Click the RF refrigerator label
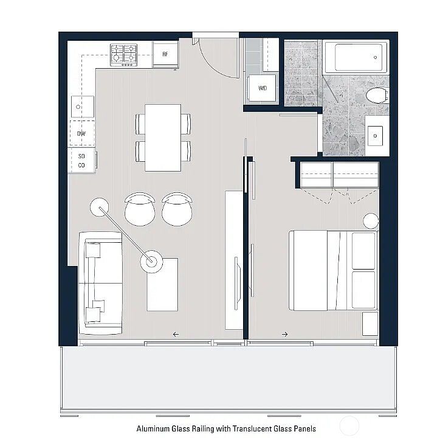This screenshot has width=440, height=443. [x=165, y=54]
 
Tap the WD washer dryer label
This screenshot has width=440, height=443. [x=263, y=88]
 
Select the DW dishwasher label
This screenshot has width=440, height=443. [x=81, y=134]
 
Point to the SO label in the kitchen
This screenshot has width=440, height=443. [x=81, y=156]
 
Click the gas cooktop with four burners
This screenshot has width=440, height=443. [x=123, y=55]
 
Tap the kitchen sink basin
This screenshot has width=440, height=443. [x=83, y=107]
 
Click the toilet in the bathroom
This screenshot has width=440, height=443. [x=377, y=96]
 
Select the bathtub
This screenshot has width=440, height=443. [x=356, y=57]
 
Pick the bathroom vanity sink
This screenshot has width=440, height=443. [x=375, y=136]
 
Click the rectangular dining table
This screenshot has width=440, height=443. [x=163, y=138]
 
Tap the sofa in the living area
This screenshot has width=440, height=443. [x=100, y=284]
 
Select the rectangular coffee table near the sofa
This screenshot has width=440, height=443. [x=162, y=285]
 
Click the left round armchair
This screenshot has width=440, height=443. [x=140, y=209]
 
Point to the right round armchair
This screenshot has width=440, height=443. [x=177, y=209]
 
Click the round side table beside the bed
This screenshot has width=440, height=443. [x=371, y=221]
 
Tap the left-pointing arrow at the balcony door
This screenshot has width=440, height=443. [x=176, y=334]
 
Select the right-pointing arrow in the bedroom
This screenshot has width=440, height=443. [x=285, y=334]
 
